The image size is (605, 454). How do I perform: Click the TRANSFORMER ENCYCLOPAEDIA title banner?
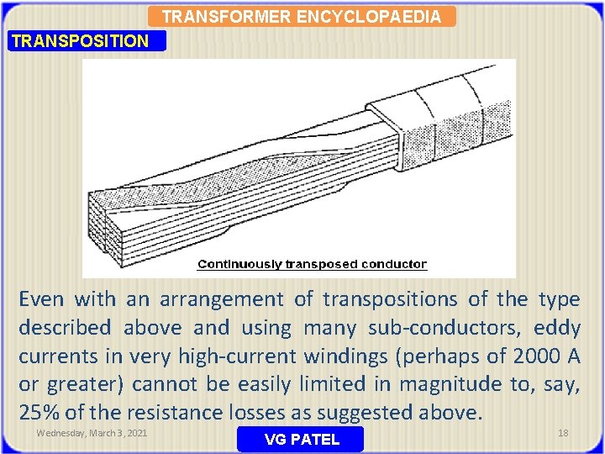pos(301,17)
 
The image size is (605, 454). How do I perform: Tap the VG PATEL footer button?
pos(301,439)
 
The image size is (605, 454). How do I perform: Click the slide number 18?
pos(563,433)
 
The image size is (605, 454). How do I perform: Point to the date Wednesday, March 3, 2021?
pos(92,433)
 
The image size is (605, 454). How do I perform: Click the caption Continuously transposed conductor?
pos(312,264)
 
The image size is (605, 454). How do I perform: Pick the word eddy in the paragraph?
pos(557,328)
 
